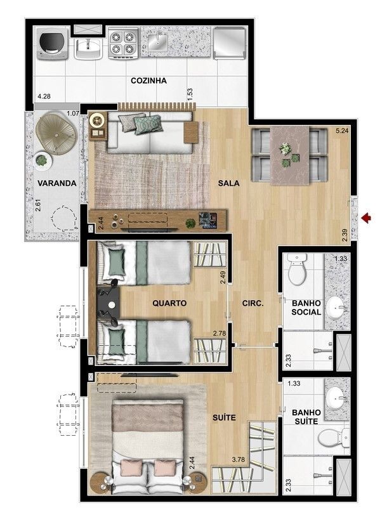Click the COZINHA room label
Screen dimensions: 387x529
click(149, 81)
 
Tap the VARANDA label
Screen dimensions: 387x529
click(57, 183)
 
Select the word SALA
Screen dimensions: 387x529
click(229, 183)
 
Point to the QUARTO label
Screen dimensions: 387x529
click(169, 303)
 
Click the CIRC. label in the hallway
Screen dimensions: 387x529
click(253, 303)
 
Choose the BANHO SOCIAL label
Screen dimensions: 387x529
click(306, 308)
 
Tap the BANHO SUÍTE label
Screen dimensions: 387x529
click(306, 417)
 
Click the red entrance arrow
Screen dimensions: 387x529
click(366, 219)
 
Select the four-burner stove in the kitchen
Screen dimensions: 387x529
click(124, 44)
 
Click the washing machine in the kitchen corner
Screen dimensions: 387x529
click(51, 44)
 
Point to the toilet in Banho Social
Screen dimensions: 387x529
click(298, 269)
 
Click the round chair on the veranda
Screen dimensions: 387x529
click(56, 134)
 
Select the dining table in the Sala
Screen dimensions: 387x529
click(290, 156)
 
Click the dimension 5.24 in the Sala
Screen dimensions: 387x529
click(342, 131)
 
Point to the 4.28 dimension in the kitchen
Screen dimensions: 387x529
click(44, 96)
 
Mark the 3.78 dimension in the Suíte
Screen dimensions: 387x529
click(238, 459)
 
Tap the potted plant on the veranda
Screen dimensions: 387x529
click(42, 160)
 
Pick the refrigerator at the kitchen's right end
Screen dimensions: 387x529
click(229, 43)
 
